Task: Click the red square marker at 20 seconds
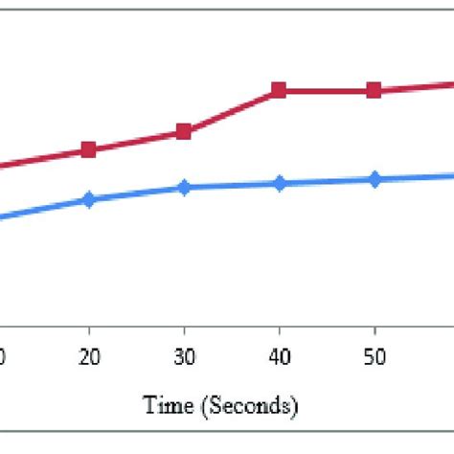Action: point(89,149)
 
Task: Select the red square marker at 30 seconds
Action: point(183,132)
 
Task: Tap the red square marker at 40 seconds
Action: point(279,91)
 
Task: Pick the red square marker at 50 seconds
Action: point(375,91)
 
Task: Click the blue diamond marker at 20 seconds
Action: point(89,200)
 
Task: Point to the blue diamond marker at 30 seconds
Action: point(183,188)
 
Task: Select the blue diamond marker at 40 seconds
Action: point(279,183)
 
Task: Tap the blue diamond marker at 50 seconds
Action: point(375,179)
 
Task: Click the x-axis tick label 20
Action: point(89,356)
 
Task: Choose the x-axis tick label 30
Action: point(184,356)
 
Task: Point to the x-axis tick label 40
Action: point(279,356)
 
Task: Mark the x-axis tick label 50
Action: point(375,356)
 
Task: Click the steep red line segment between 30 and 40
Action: point(231,111)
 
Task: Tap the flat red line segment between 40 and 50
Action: point(327,91)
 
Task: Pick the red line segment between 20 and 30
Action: point(136,141)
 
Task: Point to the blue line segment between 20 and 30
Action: point(136,193)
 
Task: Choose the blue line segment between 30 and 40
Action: point(231,185)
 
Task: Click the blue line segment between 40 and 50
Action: point(327,181)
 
